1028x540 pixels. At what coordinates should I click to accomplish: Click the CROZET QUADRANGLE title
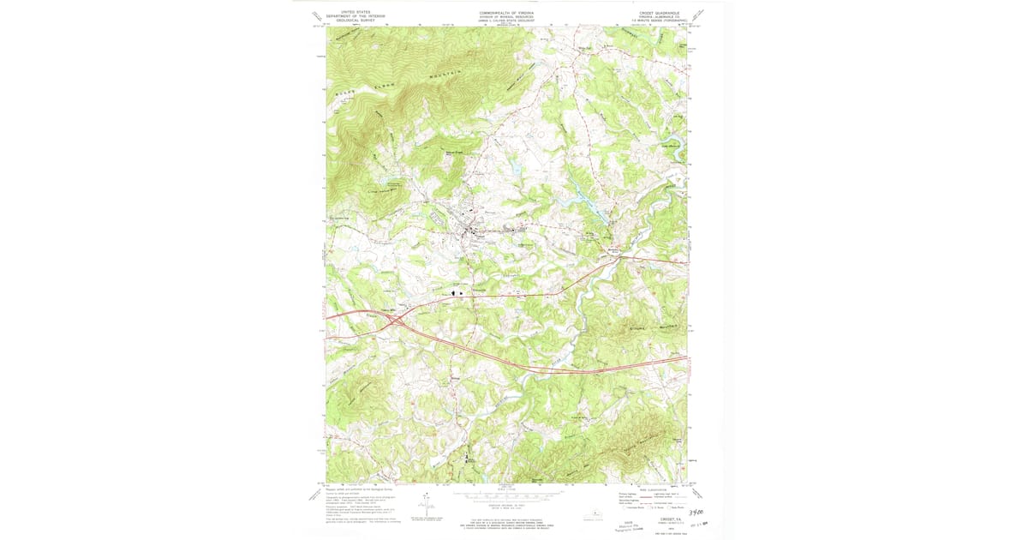pos(663,13)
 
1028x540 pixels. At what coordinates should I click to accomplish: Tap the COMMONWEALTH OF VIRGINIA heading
pos(505,12)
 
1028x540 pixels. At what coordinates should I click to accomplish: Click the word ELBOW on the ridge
pos(390,83)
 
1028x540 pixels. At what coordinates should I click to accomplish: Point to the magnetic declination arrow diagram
pos(427,507)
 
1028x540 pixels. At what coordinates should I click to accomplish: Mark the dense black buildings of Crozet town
pos(470,231)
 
